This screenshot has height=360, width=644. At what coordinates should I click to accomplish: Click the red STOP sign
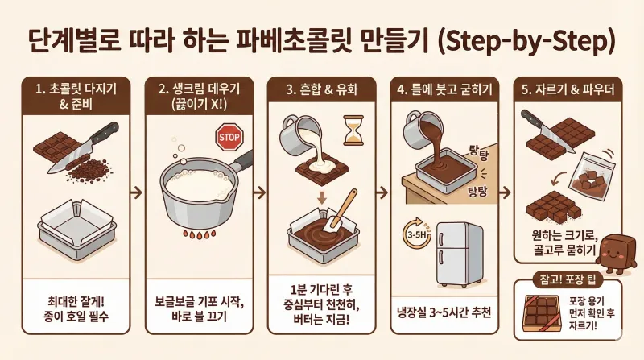point(229,138)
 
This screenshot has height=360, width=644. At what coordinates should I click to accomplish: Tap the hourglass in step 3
point(353,128)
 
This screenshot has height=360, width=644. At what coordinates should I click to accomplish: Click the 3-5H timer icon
point(413,234)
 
